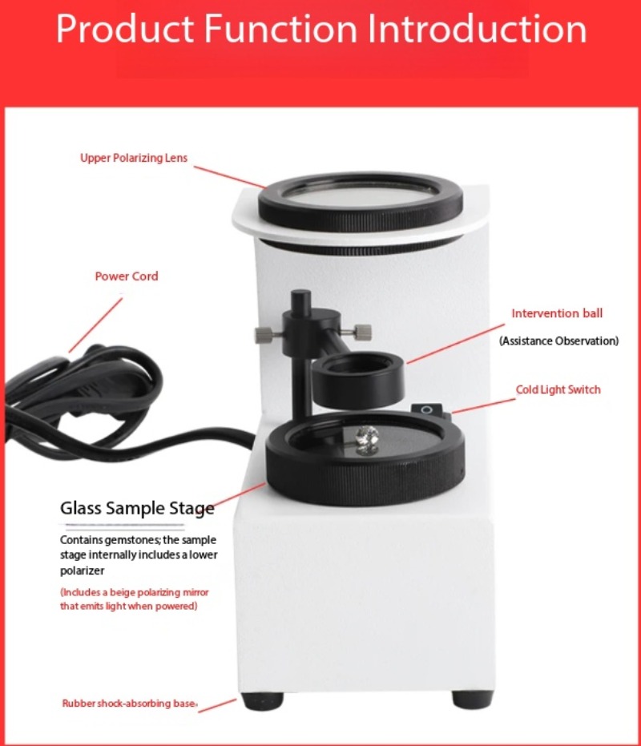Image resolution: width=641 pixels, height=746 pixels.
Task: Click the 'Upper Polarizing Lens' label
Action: (134, 158)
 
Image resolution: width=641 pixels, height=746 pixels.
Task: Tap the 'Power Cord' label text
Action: (127, 276)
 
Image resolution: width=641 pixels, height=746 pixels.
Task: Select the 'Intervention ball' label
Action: (557, 313)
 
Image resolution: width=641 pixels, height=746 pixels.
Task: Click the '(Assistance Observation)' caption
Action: (558, 341)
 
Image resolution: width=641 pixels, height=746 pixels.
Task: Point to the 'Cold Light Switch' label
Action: (558, 389)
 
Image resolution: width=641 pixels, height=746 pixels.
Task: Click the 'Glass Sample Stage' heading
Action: (137, 509)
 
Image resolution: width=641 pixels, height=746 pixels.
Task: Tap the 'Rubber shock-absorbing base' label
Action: (130, 704)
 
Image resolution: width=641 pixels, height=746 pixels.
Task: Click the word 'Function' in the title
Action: (280, 29)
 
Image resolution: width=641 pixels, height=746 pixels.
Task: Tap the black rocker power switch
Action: (427, 409)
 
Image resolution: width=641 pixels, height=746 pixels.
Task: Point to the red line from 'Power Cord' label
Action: (95, 325)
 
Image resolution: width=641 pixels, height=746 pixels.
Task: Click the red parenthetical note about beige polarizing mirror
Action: (134, 599)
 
